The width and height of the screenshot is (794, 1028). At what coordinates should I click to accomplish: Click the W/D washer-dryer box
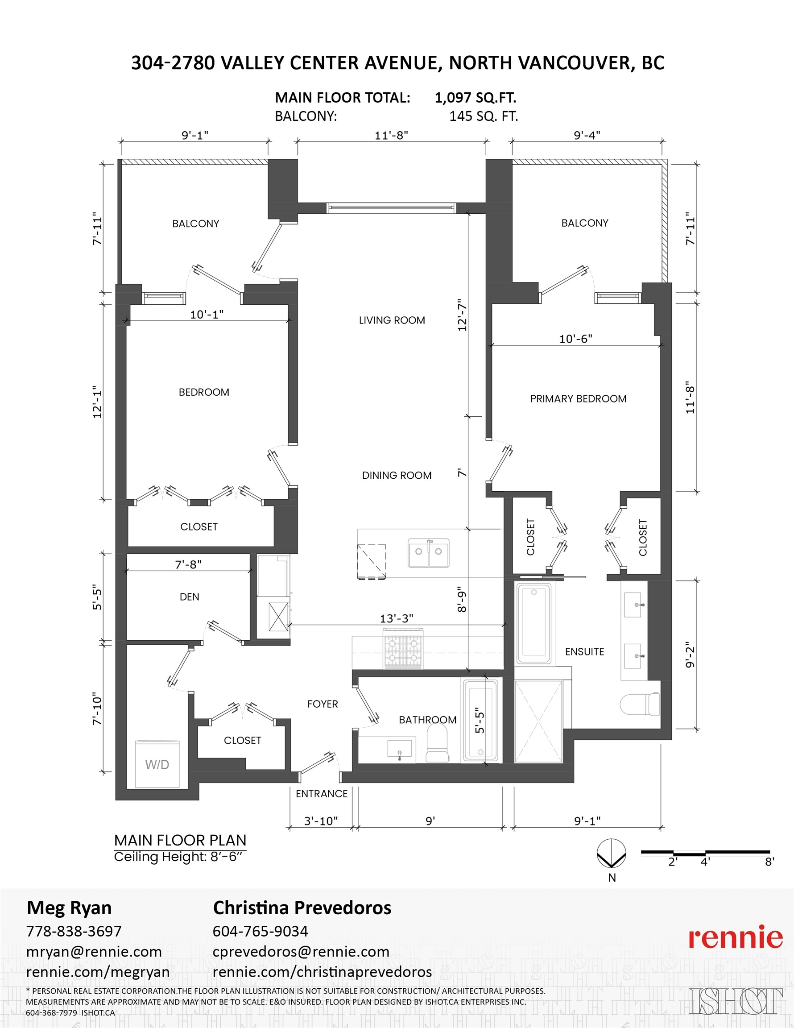[157, 764]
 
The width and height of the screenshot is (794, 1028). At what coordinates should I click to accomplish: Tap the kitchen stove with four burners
[402, 648]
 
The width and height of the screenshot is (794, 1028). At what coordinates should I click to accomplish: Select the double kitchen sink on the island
[428, 553]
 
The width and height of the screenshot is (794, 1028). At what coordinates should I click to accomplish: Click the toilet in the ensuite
[640, 704]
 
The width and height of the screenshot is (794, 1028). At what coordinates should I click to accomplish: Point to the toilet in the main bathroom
[437, 743]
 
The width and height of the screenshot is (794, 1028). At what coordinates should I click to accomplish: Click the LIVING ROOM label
[392, 320]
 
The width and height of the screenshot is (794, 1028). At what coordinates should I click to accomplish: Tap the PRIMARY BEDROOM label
[579, 399]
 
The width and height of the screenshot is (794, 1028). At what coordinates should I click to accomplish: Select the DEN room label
[189, 597]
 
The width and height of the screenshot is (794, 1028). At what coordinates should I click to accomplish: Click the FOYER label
[323, 704]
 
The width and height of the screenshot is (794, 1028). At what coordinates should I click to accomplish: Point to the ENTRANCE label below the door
[322, 794]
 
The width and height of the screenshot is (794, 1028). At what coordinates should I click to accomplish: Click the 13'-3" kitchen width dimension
[397, 618]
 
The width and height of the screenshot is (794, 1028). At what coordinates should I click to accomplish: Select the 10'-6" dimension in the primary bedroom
[575, 339]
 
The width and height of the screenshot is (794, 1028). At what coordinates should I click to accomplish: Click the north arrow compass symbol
[612, 854]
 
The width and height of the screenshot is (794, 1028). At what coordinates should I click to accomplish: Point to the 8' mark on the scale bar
[769, 862]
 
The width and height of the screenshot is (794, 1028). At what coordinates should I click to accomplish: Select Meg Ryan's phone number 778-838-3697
[74, 931]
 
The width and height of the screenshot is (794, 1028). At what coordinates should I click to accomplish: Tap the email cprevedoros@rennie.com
[301, 951]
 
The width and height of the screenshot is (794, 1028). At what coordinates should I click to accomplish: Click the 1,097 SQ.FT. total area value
[476, 97]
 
